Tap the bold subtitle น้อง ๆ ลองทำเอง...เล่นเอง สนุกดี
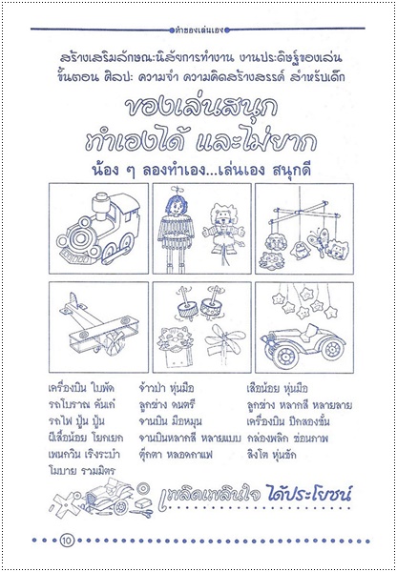198,158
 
